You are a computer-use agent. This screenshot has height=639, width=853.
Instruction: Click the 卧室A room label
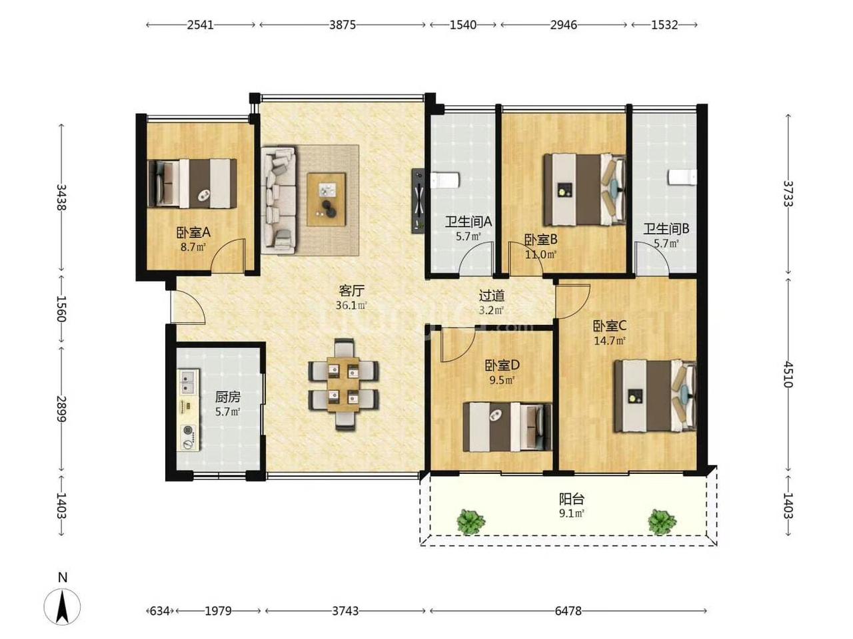tap(193, 232)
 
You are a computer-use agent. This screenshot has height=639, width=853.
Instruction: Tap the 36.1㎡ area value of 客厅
tap(351, 306)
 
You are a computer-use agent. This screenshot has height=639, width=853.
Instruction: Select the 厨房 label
tap(228, 397)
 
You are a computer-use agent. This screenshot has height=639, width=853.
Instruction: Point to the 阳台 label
tap(572, 499)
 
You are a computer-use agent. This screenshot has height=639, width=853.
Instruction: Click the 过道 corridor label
tap(491, 296)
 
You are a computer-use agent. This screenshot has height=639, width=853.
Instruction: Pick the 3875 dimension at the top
tap(343, 25)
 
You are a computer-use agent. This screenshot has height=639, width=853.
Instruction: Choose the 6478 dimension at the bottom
tap(568, 611)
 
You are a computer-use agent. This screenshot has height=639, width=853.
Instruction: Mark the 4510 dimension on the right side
tap(788, 374)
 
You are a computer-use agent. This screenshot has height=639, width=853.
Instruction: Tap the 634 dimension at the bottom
tap(160, 611)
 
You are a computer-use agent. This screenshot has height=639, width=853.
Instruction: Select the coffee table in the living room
tap(326, 200)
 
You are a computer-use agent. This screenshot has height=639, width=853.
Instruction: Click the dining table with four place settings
tap(343, 384)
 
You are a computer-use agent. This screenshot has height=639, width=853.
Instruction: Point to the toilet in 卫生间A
tap(445, 181)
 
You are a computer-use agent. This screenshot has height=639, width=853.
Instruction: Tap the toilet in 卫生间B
tap(682, 178)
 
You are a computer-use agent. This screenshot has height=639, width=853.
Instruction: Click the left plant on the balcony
tap(470, 521)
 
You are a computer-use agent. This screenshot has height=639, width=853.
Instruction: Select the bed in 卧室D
tap(507, 427)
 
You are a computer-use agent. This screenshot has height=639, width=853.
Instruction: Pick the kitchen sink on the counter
tap(188, 382)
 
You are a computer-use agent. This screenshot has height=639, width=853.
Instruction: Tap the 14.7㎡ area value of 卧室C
tap(609, 341)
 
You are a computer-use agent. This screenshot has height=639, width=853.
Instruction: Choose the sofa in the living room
tap(279, 200)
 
